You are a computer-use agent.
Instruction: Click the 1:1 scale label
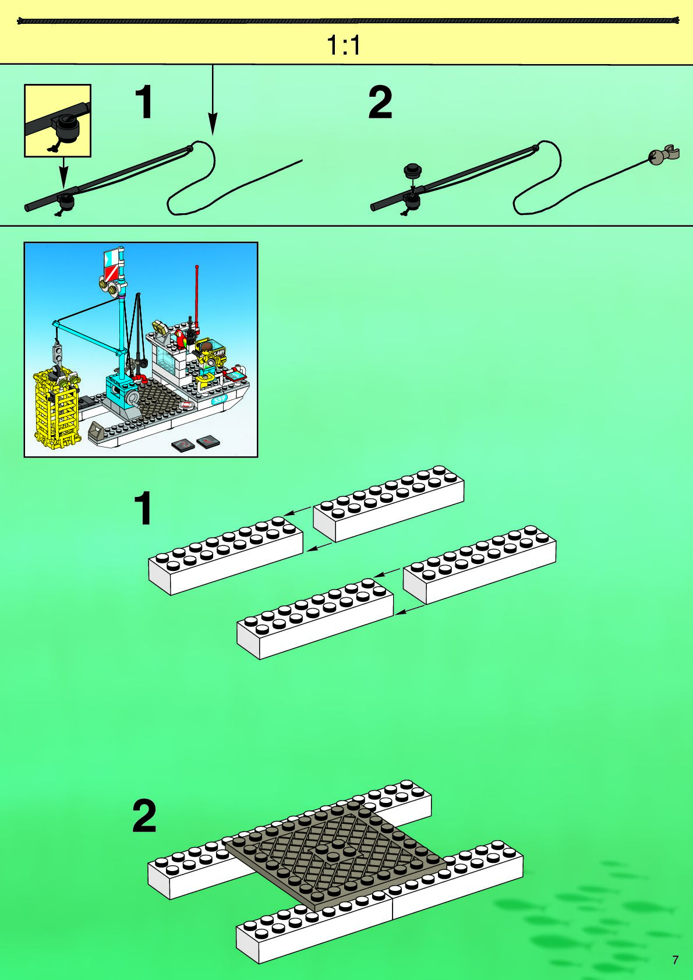(x=344, y=45)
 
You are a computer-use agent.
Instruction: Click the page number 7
(x=675, y=960)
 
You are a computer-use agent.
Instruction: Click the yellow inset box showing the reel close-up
(x=58, y=121)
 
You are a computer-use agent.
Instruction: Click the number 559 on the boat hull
(x=220, y=399)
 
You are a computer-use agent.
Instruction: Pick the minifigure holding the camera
(x=206, y=355)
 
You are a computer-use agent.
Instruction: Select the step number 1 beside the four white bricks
(x=143, y=509)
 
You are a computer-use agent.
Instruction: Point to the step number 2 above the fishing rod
(x=380, y=103)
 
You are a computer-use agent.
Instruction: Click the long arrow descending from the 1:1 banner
(x=213, y=99)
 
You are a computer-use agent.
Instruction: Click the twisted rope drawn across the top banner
(x=348, y=21)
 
